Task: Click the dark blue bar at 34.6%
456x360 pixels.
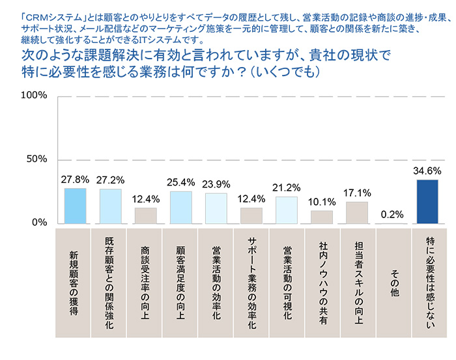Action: point(427,202)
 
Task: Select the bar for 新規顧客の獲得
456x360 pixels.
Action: point(75,206)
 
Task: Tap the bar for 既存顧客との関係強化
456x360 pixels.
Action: point(110,206)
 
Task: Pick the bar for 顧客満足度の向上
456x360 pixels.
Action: point(180,208)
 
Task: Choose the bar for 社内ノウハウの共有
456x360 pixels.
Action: point(322,217)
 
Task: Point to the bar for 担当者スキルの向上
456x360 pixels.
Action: point(357,213)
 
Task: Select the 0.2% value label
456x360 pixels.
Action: point(392,214)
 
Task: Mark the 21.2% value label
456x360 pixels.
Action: point(286,188)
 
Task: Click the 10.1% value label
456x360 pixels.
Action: point(322,202)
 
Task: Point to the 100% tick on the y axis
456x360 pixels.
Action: point(35,96)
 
